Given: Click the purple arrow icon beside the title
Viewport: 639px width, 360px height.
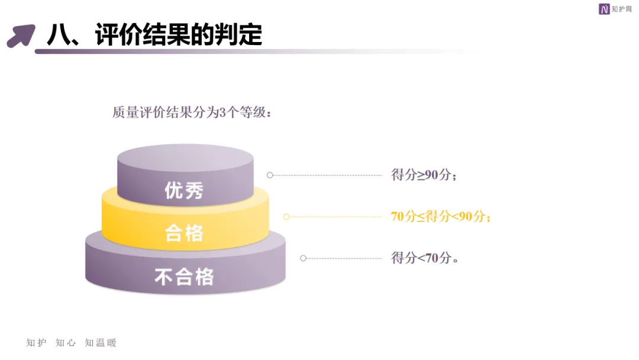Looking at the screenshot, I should click(21, 35).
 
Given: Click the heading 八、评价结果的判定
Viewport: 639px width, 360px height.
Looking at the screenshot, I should click(154, 35).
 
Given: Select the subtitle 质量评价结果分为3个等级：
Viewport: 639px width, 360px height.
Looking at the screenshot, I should click(192, 112).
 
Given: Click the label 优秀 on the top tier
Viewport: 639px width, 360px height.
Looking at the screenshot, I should click(184, 191).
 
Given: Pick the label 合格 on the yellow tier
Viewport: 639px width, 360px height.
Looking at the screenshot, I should click(184, 233).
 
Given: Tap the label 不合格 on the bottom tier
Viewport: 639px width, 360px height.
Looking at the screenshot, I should click(184, 277).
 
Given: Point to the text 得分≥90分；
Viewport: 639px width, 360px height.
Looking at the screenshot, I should click(424, 175).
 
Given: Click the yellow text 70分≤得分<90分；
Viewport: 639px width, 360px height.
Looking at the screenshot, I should click(441, 217).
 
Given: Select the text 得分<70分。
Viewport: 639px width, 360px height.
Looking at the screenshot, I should click(425, 258).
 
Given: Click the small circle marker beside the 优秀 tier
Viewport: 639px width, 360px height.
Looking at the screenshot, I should click(270, 175).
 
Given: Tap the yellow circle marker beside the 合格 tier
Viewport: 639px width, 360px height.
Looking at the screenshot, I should click(286, 217).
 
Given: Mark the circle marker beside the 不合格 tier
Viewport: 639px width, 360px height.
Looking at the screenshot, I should click(304, 258).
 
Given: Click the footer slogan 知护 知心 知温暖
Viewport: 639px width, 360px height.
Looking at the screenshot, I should click(72, 343).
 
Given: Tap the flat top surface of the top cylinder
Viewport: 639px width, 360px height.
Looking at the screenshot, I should click(185, 156).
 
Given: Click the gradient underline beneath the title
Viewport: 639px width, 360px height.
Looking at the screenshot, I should click(237, 52).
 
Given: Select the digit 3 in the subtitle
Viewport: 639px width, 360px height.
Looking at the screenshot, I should click(222, 112).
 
